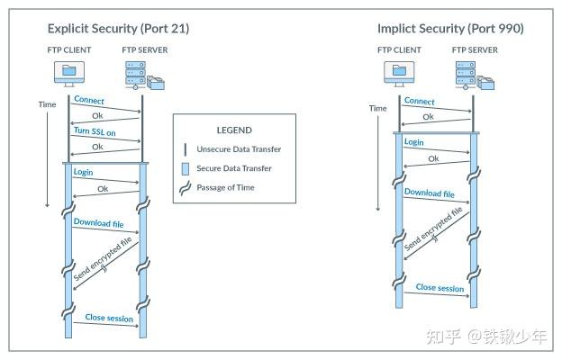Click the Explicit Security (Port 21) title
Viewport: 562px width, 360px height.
click(x=118, y=29)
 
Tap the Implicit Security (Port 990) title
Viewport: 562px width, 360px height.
click(x=450, y=29)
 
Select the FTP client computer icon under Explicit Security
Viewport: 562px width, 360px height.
click(x=69, y=74)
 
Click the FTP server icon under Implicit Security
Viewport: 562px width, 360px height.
click(x=475, y=76)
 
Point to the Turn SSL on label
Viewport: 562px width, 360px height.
click(x=95, y=131)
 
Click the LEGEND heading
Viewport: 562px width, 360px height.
click(x=234, y=130)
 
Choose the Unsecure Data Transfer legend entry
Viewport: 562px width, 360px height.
click(x=239, y=149)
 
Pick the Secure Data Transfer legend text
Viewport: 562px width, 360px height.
click(x=234, y=168)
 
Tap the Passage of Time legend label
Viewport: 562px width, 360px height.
click(x=225, y=187)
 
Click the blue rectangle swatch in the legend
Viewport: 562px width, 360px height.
click(x=186, y=168)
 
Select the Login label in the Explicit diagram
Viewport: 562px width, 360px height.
click(x=83, y=172)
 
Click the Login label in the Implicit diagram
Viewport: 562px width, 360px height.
click(x=414, y=142)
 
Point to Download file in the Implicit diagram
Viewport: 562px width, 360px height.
click(x=430, y=193)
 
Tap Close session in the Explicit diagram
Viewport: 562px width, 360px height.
click(x=109, y=318)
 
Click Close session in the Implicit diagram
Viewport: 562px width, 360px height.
click(x=440, y=288)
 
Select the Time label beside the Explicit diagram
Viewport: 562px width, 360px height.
click(x=48, y=104)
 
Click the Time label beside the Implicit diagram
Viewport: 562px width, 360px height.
click(x=378, y=108)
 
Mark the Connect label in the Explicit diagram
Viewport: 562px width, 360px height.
click(x=89, y=100)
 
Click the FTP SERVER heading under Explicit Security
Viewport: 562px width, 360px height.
click(x=145, y=50)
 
